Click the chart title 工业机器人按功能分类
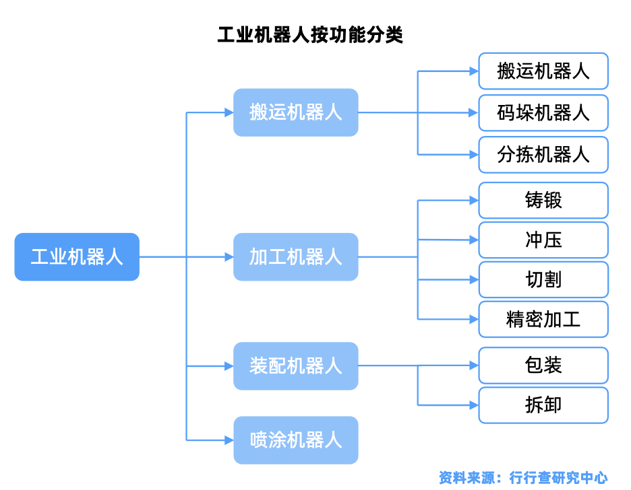point(310,35)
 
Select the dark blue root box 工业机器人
point(77,256)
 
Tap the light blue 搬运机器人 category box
point(295,112)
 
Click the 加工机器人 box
point(295,256)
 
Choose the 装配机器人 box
point(295,366)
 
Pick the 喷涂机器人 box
point(295,440)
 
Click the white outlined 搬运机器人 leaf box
point(543,71)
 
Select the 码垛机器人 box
point(543,112)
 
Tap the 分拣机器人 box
point(543,155)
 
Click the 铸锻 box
point(543,200)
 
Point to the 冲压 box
point(543,240)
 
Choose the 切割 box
point(543,279)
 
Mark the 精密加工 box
point(543,319)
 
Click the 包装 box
point(543,365)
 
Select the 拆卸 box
point(543,405)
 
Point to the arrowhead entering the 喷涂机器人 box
point(229,440)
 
